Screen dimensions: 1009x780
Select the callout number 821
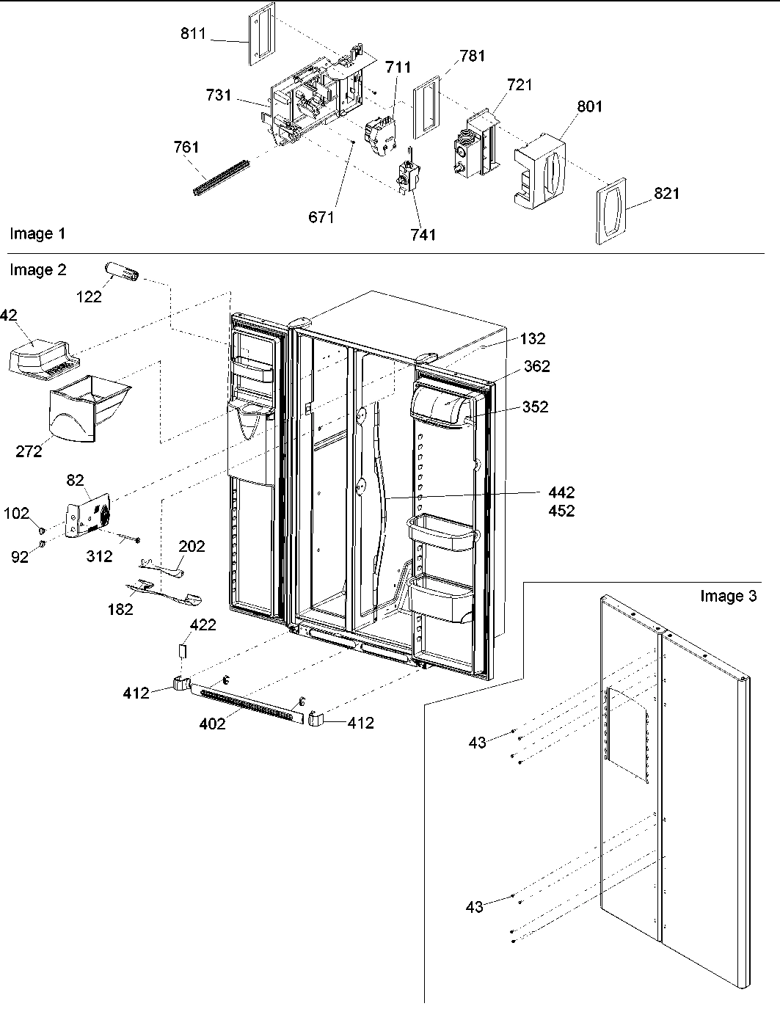[666, 194]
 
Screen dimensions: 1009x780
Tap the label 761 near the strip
[186, 147]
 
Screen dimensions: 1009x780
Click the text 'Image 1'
[37, 234]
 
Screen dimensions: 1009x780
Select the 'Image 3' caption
[728, 596]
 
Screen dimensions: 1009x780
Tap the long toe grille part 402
[247, 702]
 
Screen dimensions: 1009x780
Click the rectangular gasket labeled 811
[260, 34]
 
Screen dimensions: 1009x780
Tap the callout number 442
[561, 493]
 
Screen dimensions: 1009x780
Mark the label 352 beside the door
[534, 407]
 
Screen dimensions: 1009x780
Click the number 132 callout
[533, 338]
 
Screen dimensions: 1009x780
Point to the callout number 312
[99, 556]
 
